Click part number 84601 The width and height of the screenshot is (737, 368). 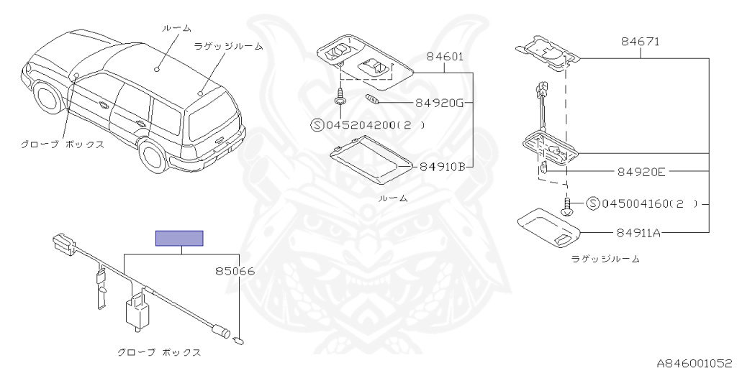(444, 56)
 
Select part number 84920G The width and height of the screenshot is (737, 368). (439, 103)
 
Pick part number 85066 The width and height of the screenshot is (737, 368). (235, 271)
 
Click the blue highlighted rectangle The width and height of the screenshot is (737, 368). (180, 239)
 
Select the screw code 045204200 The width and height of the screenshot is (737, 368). (363, 124)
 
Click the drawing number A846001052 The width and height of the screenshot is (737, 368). (694, 362)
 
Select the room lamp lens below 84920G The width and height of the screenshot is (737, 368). (368, 163)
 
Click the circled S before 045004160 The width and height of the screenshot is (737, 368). (593, 203)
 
